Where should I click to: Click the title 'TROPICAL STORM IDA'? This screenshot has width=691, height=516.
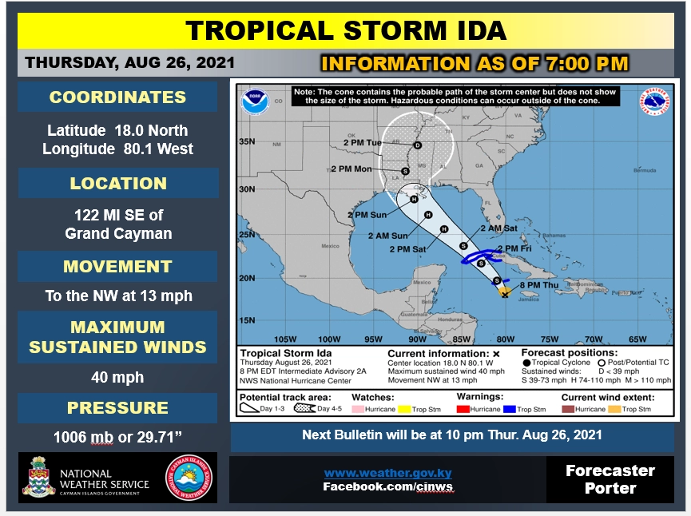[345, 30]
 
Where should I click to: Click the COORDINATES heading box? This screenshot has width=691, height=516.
[117, 97]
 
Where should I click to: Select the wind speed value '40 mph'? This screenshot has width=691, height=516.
[117, 376]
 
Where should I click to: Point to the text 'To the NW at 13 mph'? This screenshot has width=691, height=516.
[118, 296]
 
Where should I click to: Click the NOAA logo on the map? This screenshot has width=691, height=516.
[256, 102]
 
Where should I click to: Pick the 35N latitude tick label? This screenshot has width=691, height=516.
[248, 142]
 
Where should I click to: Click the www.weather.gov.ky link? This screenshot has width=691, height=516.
[387, 473]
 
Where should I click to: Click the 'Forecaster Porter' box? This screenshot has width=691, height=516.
[610, 478]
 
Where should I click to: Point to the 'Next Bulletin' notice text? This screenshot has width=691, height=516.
[451, 435]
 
